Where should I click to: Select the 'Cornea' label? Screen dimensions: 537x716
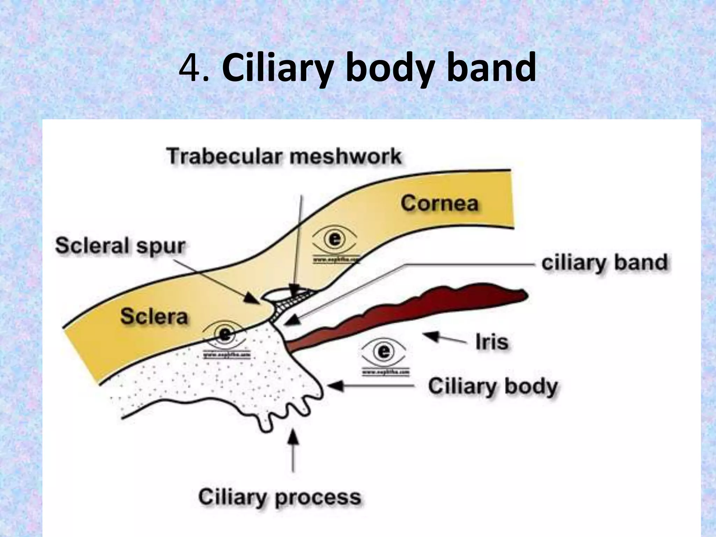tap(439, 203)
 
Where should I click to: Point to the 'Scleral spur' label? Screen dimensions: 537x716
tap(120, 245)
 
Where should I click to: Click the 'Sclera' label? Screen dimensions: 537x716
tap(154, 316)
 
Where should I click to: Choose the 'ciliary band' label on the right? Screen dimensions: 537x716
tap(604, 263)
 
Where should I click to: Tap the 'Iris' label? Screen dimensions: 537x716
tap(492, 342)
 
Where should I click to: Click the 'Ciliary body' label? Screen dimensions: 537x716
tap(493, 387)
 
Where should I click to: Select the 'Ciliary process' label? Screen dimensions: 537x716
tap(279, 497)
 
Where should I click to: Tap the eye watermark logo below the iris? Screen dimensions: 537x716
tap(384, 351)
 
